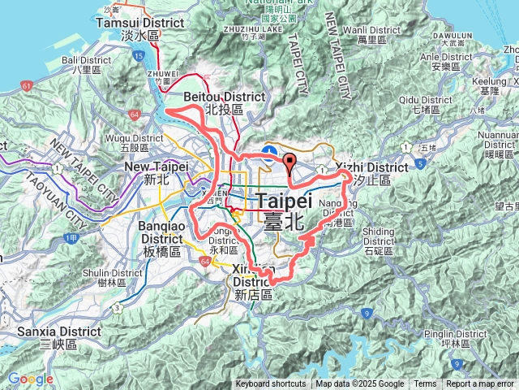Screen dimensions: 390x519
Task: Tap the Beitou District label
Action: (225, 102)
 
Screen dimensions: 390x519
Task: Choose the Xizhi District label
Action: (371, 172)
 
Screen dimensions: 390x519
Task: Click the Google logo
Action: (30, 379)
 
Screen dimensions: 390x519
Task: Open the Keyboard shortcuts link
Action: (271, 384)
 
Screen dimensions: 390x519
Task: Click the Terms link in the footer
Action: (425, 384)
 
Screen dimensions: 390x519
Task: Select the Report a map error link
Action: (480, 384)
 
